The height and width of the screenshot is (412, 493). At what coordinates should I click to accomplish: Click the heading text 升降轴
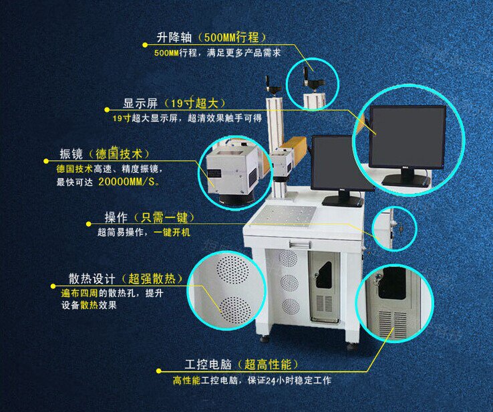(174, 37)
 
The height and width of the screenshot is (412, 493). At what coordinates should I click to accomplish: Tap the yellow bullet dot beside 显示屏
(107, 110)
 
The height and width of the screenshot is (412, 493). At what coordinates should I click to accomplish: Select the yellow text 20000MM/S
(127, 182)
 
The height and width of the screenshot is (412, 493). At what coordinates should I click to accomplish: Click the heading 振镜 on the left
(71, 154)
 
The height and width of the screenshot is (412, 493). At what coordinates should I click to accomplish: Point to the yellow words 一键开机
(172, 232)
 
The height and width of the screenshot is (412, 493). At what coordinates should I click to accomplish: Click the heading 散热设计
(92, 279)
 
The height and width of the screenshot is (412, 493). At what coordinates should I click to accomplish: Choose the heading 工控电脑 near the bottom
(208, 365)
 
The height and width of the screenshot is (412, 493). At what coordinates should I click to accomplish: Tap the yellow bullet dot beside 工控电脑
(159, 371)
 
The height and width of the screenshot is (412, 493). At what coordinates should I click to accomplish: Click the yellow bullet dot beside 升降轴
(145, 45)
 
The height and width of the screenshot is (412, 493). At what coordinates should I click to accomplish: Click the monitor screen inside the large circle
(407, 136)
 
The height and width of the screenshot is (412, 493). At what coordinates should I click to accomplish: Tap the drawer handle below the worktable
(300, 243)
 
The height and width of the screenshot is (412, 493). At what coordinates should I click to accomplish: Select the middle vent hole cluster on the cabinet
(289, 283)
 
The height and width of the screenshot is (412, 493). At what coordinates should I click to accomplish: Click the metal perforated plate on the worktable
(288, 215)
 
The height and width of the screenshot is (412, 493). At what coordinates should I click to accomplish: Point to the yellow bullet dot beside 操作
(89, 224)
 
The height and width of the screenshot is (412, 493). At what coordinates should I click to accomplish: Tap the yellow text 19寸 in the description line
(122, 118)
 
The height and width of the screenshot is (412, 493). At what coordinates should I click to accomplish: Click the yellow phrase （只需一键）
(164, 217)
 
